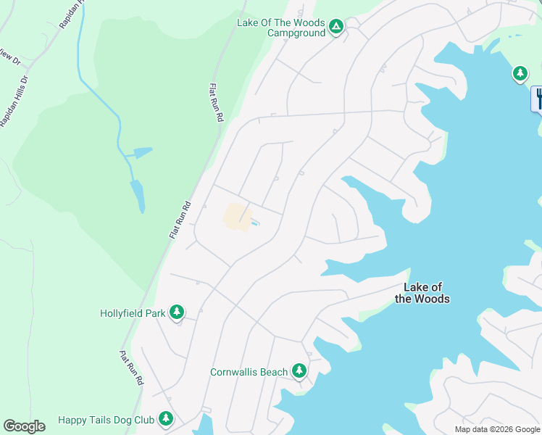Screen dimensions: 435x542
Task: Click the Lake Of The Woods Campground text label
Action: (281, 28)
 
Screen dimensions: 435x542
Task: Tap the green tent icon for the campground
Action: (335, 27)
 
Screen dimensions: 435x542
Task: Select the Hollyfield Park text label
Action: (133, 314)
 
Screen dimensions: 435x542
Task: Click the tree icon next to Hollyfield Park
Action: (176, 312)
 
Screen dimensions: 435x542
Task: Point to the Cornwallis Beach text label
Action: (249, 373)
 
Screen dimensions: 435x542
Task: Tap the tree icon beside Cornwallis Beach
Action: (299, 371)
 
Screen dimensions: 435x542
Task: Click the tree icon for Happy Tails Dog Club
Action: (166, 418)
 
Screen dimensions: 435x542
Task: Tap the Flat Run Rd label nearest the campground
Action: (215, 101)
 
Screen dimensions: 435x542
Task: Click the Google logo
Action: (24, 426)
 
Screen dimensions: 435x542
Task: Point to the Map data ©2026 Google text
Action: (497, 429)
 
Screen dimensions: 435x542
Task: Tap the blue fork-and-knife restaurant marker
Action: (538, 99)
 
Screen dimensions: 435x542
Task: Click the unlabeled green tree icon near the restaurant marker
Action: (520, 73)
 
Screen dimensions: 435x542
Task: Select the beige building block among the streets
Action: (236, 216)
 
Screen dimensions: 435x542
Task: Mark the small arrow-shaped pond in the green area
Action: (138, 153)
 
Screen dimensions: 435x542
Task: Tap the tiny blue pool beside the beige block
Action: (256, 223)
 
